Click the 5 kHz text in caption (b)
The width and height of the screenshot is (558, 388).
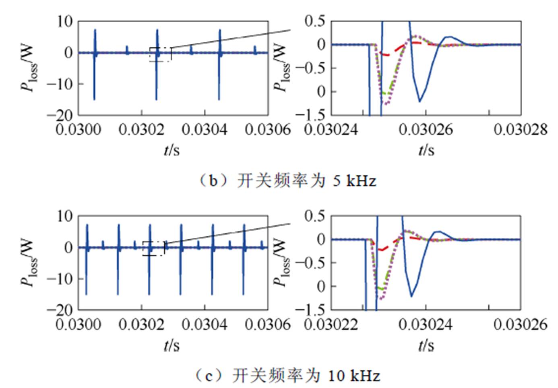(354, 181)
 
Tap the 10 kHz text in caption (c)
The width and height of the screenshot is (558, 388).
(354, 376)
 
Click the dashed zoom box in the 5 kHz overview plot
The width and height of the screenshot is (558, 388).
(160, 54)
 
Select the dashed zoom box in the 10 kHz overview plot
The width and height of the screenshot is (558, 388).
(153, 249)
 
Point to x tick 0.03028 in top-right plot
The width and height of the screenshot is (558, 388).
(521, 130)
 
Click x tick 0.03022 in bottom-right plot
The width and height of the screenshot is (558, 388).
(331, 324)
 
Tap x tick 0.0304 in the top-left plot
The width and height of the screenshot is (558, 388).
(205, 130)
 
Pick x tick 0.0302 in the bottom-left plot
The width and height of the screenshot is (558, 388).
(141, 324)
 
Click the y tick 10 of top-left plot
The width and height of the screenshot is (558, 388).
(64, 21)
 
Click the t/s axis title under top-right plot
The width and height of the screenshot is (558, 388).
(426, 150)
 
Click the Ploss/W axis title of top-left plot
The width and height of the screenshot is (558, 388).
(29, 68)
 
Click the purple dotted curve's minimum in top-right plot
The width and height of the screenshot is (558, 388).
(386, 104)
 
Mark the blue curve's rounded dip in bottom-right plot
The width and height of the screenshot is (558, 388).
(411, 297)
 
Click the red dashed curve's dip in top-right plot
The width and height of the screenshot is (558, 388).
(386, 54)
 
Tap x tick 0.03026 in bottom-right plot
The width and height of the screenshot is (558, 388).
(521, 324)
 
